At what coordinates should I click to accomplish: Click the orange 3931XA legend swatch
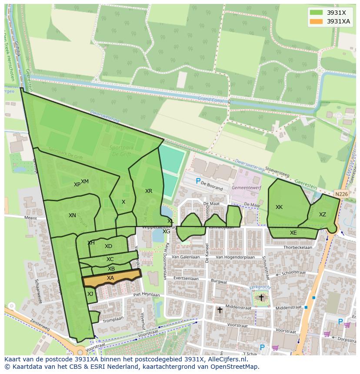point(316,22)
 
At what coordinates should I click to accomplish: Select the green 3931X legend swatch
point(316,13)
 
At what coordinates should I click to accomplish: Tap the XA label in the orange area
point(110,278)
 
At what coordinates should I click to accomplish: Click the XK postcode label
point(279,207)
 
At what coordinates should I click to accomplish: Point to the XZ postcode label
point(322,215)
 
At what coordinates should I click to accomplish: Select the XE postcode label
point(293,233)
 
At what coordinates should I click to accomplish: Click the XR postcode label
point(149,191)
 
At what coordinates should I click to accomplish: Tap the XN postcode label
point(72,215)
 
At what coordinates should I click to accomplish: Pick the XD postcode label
point(108,246)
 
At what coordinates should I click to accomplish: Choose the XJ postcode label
point(90,294)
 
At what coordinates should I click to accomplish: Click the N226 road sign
point(341,194)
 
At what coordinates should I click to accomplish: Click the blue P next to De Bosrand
point(198,181)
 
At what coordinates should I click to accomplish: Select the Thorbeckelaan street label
point(298,248)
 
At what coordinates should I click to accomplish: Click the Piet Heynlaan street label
point(147,295)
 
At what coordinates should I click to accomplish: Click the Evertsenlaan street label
point(186,278)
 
